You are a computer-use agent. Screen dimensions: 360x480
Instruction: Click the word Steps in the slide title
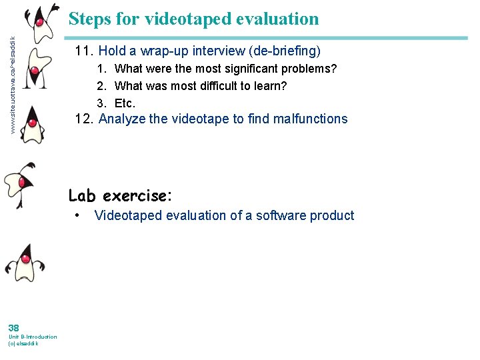89,19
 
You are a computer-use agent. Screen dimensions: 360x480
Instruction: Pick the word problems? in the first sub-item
309,69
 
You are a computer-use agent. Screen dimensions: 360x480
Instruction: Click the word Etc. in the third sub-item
125,103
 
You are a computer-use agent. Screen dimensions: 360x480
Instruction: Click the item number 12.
85,119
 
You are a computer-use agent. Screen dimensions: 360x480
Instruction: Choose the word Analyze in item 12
121,119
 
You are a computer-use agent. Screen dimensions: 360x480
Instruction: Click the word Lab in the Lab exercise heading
82,195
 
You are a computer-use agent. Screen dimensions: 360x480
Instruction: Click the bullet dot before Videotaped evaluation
79,215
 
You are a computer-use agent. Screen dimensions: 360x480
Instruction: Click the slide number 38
13,327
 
